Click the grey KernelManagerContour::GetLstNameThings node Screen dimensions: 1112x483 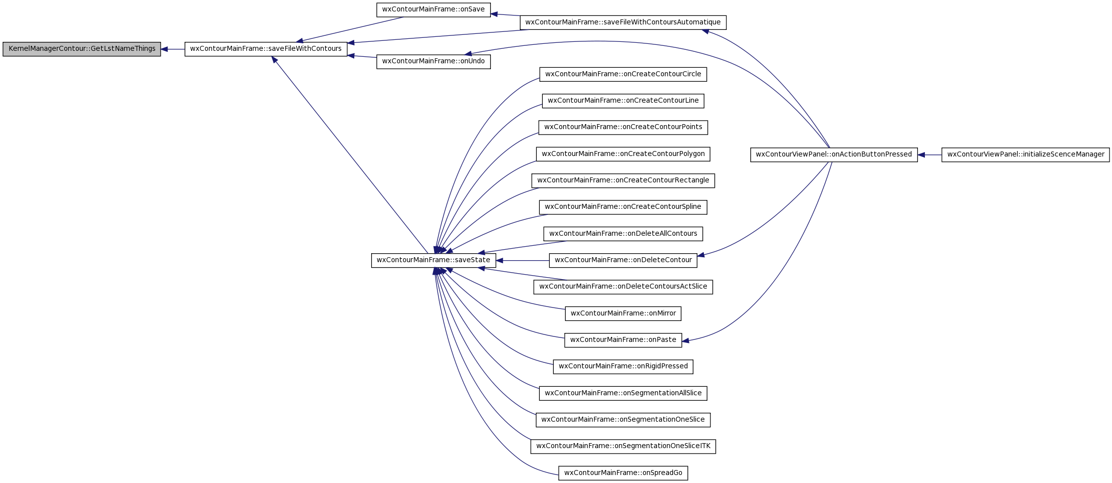click(x=82, y=49)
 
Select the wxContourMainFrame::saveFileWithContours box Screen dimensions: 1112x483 click(x=266, y=49)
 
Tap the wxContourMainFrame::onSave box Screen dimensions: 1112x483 click(x=434, y=9)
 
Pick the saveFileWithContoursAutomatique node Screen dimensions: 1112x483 click(x=623, y=22)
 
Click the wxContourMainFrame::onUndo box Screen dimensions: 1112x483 click(x=434, y=62)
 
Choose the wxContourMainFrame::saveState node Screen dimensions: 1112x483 click(x=434, y=260)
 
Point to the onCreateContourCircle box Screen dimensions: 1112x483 click(x=623, y=74)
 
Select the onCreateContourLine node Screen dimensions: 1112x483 click(x=623, y=101)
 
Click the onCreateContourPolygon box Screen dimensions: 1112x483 click(x=623, y=154)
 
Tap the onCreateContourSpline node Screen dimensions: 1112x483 click(x=623, y=207)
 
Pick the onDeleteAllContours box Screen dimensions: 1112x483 click(x=623, y=234)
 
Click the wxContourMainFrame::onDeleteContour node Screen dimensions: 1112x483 click(x=623, y=260)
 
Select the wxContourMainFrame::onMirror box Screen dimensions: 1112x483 click(x=623, y=314)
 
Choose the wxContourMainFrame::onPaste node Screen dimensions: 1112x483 click(x=623, y=340)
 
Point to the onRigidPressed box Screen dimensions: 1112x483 click(x=623, y=366)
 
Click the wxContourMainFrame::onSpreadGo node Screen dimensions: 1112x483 click(x=623, y=473)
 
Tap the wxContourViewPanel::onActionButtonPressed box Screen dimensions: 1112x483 click(x=834, y=155)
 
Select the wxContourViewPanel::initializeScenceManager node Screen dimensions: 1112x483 click(x=1026, y=155)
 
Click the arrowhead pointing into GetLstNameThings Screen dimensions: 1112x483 click(x=164, y=49)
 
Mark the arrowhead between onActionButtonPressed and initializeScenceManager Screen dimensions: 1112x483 click(x=921, y=155)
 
